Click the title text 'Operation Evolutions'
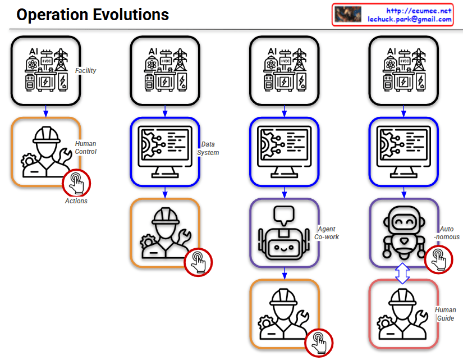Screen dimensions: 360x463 pos(93,15)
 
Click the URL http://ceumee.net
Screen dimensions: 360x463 pos(419,11)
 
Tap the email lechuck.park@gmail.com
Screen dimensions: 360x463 pos(410,19)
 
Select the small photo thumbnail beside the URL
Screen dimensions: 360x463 pos(347,15)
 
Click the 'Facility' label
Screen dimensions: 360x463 pos(86,71)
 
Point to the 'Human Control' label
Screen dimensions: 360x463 pos(86,148)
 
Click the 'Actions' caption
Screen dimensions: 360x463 pos(76,200)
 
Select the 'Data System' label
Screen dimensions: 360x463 pos(208,149)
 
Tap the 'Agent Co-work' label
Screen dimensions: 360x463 pos(327,233)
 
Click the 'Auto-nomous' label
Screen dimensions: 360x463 pos(447,233)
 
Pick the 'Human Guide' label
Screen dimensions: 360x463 pos(446,314)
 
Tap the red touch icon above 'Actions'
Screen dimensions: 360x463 pos(77,183)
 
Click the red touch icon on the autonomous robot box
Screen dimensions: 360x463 pos(439,259)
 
